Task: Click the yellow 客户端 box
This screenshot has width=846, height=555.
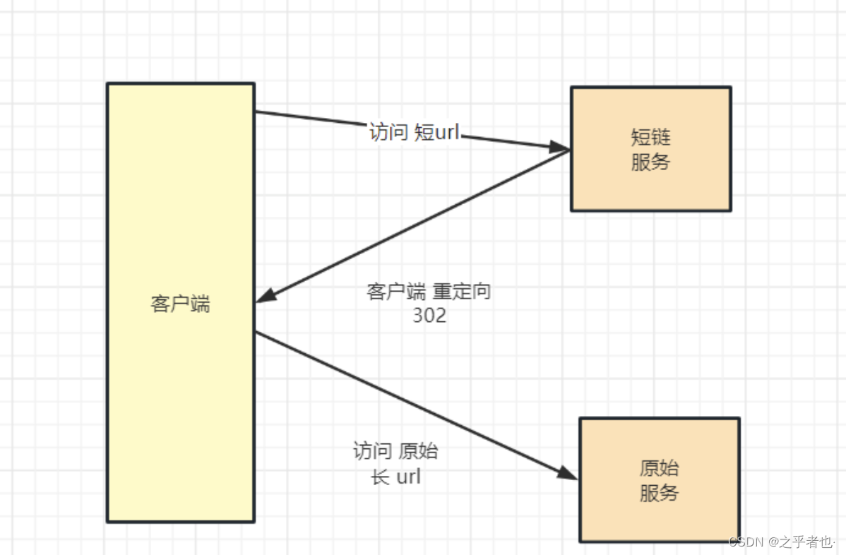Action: (x=180, y=395)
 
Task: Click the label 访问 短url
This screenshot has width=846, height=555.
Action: (x=414, y=132)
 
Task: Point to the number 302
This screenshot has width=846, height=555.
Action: (x=429, y=316)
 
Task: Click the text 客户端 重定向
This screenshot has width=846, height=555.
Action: (x=429, y=292)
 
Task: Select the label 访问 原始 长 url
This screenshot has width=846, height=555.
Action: (x=395, y=463)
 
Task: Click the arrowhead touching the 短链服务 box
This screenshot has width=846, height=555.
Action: (x=560, y=147)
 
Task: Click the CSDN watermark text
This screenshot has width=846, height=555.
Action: (x=747, y=542)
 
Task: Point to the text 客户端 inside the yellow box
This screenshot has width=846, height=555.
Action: (x=180, y=304)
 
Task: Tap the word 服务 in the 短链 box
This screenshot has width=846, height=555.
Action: (x=650, y=162)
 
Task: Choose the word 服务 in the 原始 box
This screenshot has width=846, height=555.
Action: (x=659, y=493)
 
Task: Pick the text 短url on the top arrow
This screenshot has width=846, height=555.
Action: (x=436, y=132)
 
